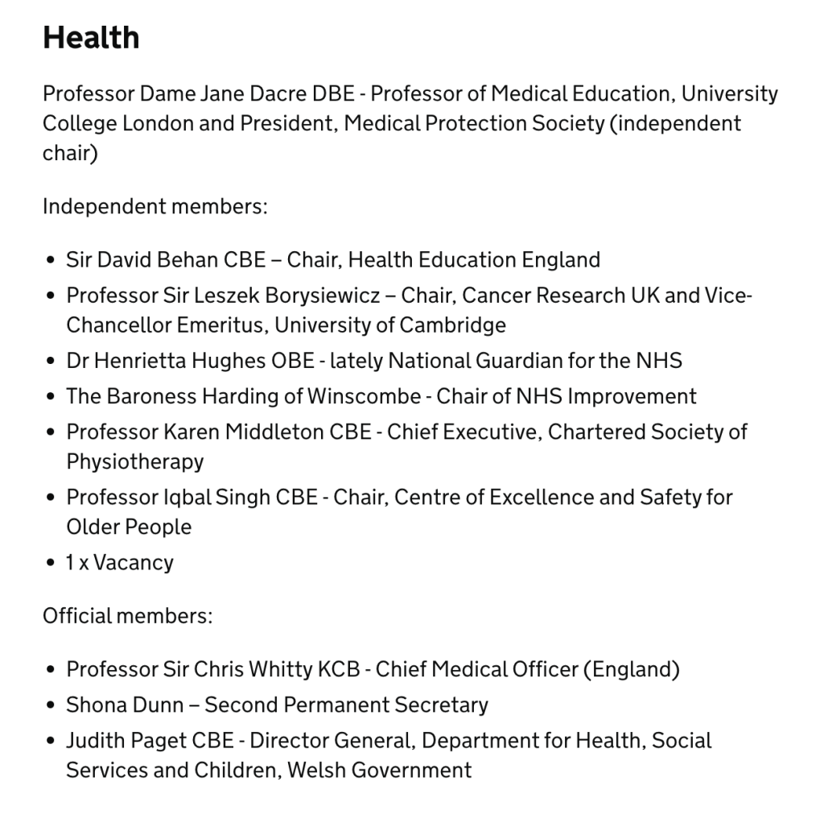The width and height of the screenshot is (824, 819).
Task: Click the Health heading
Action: click(91, 38)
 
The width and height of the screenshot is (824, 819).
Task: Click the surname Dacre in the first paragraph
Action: click(278, 94)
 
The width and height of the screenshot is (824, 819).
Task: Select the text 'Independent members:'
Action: click(154, 206)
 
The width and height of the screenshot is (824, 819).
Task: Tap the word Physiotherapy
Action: click(135, 462)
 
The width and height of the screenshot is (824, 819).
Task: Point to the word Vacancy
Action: click(133, 562)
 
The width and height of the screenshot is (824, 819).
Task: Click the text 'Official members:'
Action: click(127, 616)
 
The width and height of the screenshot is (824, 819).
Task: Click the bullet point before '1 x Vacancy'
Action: click(51, 562)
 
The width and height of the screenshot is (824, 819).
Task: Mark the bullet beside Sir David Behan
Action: click(51, 261)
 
